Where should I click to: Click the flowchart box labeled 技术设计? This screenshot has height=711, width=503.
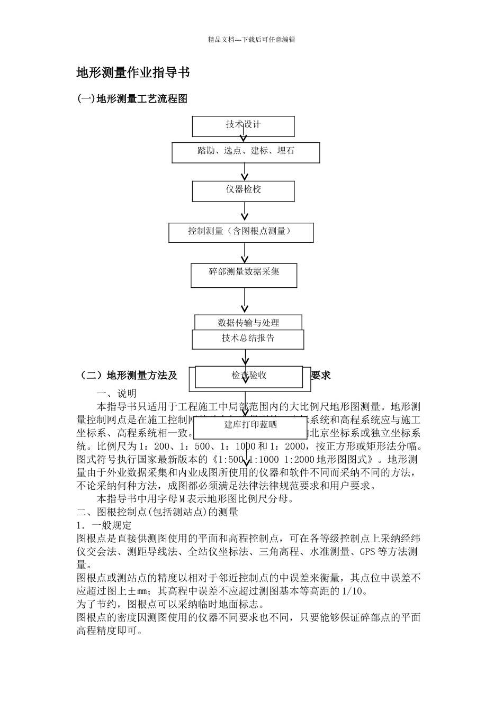tap(243, 126)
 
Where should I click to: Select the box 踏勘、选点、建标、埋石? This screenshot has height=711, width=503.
tap(246, 152)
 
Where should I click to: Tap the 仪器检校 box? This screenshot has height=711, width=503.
tap(243, 190)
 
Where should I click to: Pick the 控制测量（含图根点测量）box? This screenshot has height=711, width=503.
tap(241, 232)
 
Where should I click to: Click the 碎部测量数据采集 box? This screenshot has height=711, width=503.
tap(244, 275)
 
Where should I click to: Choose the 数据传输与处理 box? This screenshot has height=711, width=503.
tap(248, 322)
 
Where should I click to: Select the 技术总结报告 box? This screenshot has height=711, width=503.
tap(248, 339)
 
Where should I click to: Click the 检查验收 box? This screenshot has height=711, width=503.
tap(249, 376)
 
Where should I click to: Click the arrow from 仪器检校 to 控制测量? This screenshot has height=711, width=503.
tap(245, 211)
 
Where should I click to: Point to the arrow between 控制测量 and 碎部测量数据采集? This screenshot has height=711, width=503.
tap(245, 253)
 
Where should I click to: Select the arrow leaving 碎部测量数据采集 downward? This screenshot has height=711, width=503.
tap(245, 301)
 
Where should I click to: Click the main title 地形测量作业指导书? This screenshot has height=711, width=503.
tap(133, 73)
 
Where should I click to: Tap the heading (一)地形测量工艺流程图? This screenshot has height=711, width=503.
tap(132, 99)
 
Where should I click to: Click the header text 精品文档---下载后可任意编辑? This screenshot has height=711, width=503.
tap(251, 40)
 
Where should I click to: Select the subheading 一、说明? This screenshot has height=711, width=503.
tap(116, 394)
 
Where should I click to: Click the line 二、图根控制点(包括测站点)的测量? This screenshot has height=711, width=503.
tap(157, 512)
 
